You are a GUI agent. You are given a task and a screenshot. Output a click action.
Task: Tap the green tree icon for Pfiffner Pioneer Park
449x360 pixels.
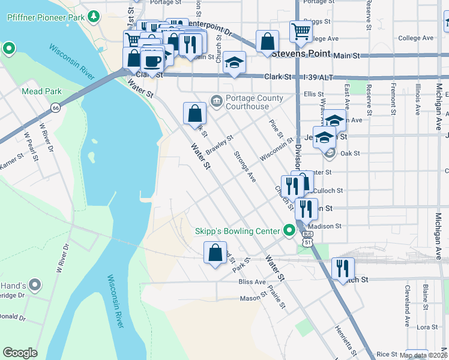coord(93,17)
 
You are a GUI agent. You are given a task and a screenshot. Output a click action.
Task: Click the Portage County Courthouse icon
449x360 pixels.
coord(216,100)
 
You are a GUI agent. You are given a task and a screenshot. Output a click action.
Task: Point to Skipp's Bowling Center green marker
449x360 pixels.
coord(289,230)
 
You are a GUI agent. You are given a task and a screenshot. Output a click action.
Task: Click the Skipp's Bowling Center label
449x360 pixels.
coord(238,231)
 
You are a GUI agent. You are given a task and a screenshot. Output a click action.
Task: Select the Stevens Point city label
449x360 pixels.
coord(300,53)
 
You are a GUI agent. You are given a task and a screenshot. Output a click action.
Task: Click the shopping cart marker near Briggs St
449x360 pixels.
coord(301,31)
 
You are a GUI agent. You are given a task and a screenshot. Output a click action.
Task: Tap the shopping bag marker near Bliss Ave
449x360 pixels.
coord(215,252)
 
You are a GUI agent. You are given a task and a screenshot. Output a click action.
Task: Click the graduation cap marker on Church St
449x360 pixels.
coord(234,63)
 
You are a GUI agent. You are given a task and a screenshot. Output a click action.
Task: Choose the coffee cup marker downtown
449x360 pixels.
coord(153,61)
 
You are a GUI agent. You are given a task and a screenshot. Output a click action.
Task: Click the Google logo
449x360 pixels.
coord(20,353)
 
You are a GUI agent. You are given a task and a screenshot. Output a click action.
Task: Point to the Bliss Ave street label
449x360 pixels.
coord(252,281)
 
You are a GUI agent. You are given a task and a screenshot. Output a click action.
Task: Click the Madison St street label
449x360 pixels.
coord(326,226)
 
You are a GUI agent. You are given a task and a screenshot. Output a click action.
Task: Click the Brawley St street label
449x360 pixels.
coord(218,144)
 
